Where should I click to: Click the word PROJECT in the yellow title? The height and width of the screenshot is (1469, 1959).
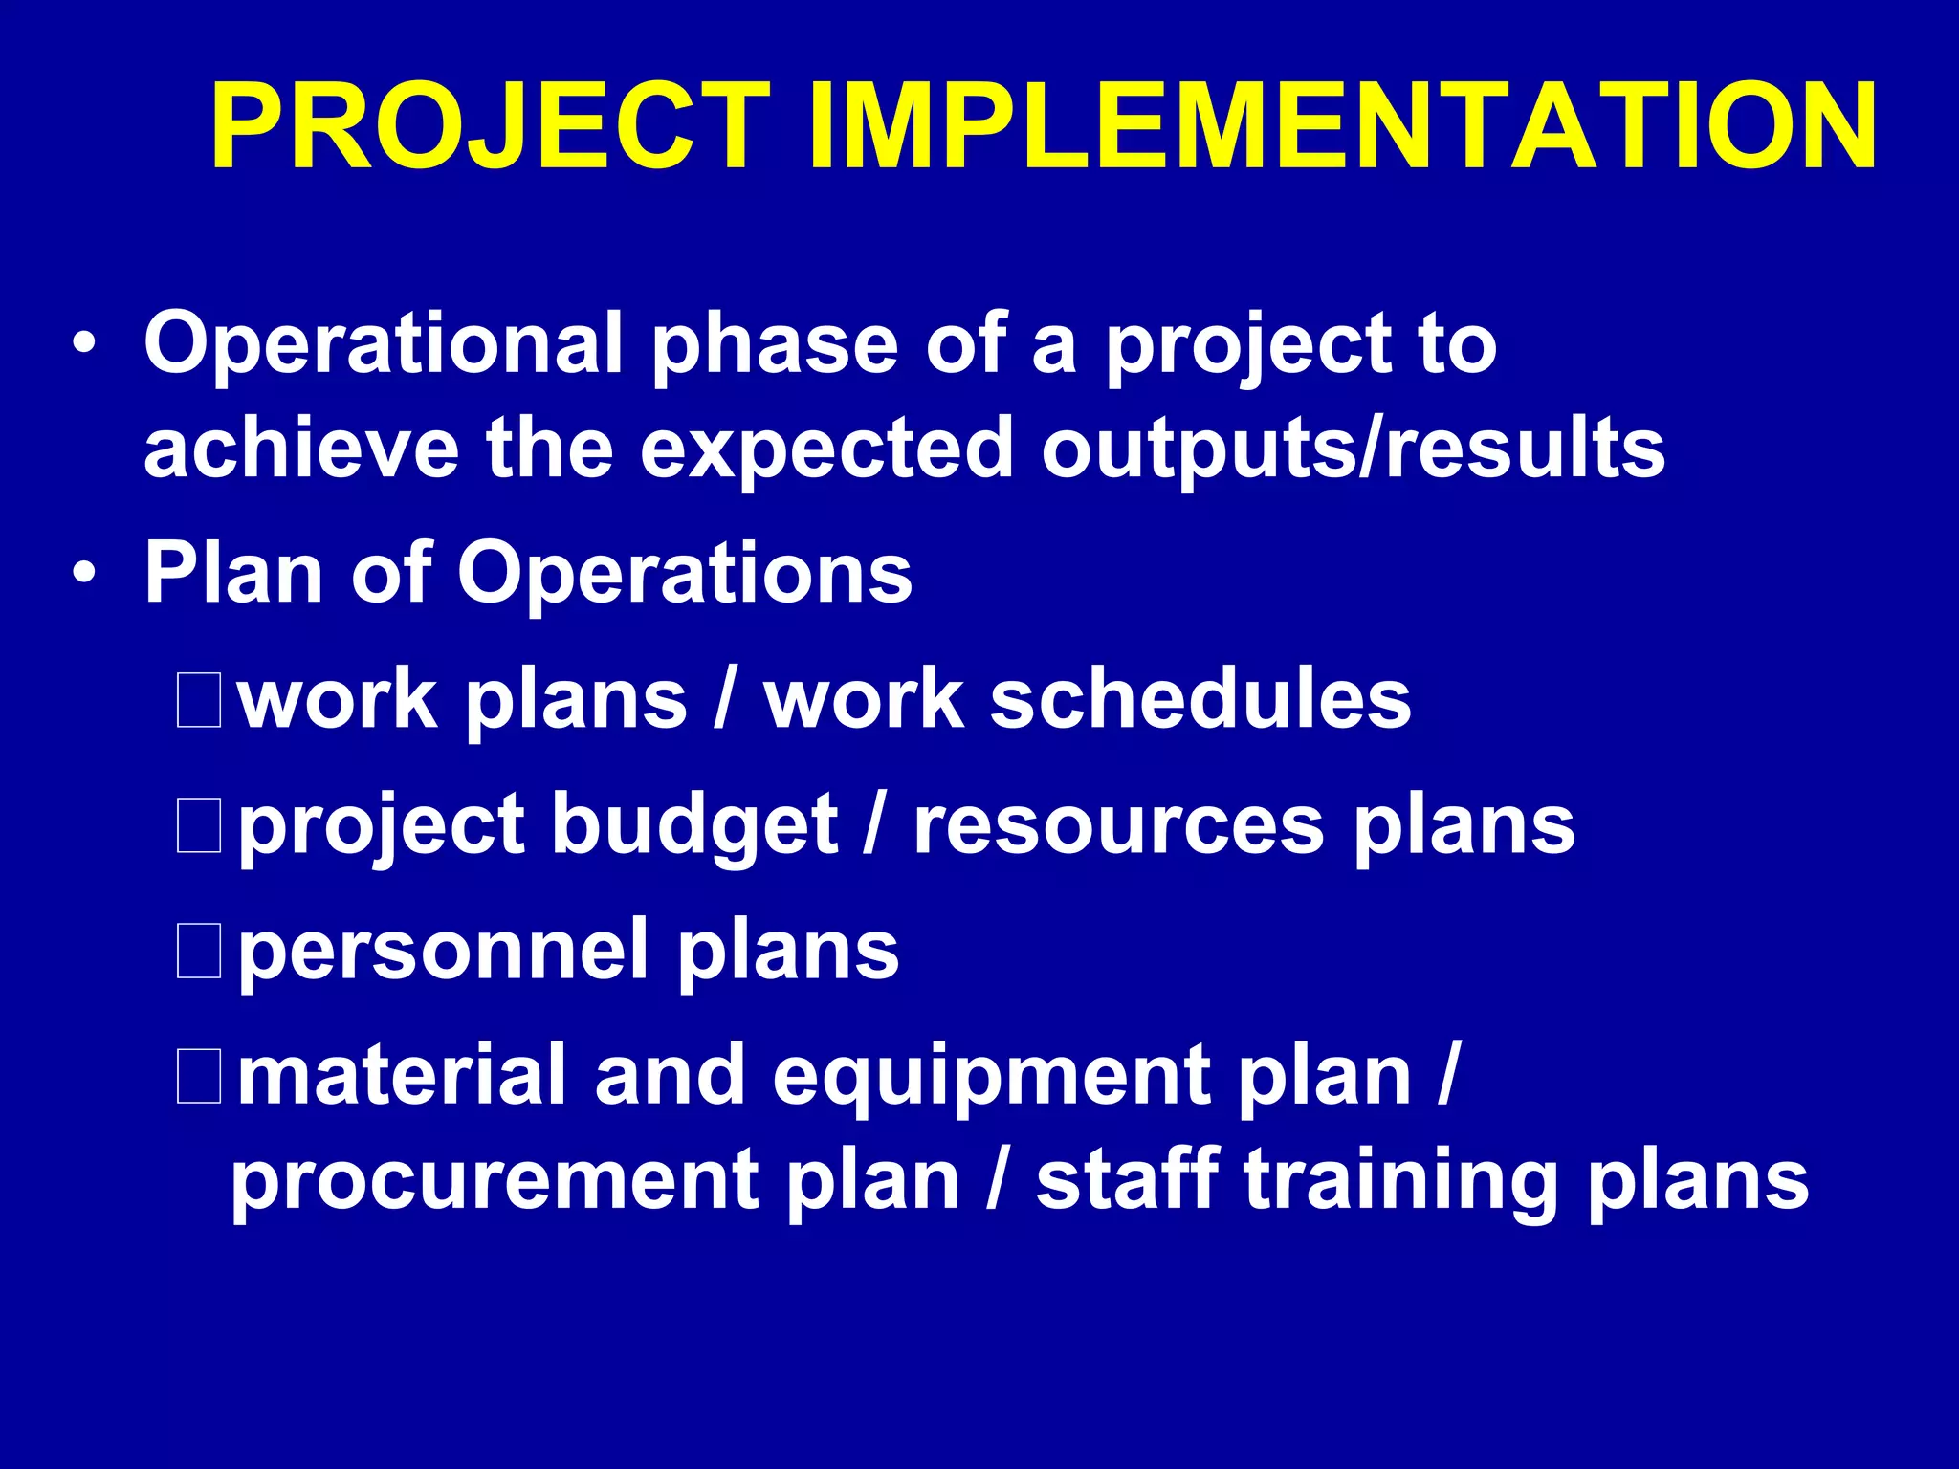point(490,127)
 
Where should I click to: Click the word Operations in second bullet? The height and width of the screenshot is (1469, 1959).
point(684,574)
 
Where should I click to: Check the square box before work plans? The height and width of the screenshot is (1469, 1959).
point(199,701)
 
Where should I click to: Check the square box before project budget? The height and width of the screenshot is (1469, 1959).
point(199,825)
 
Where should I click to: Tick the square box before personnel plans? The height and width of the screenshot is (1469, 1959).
point(199,951)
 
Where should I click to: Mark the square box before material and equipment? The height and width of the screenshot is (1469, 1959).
point(199,1076)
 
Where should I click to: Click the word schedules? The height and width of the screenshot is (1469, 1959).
point(1200,699)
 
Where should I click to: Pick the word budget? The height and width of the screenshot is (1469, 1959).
point(695,825)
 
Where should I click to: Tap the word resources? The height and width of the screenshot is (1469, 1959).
point(1118,825)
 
